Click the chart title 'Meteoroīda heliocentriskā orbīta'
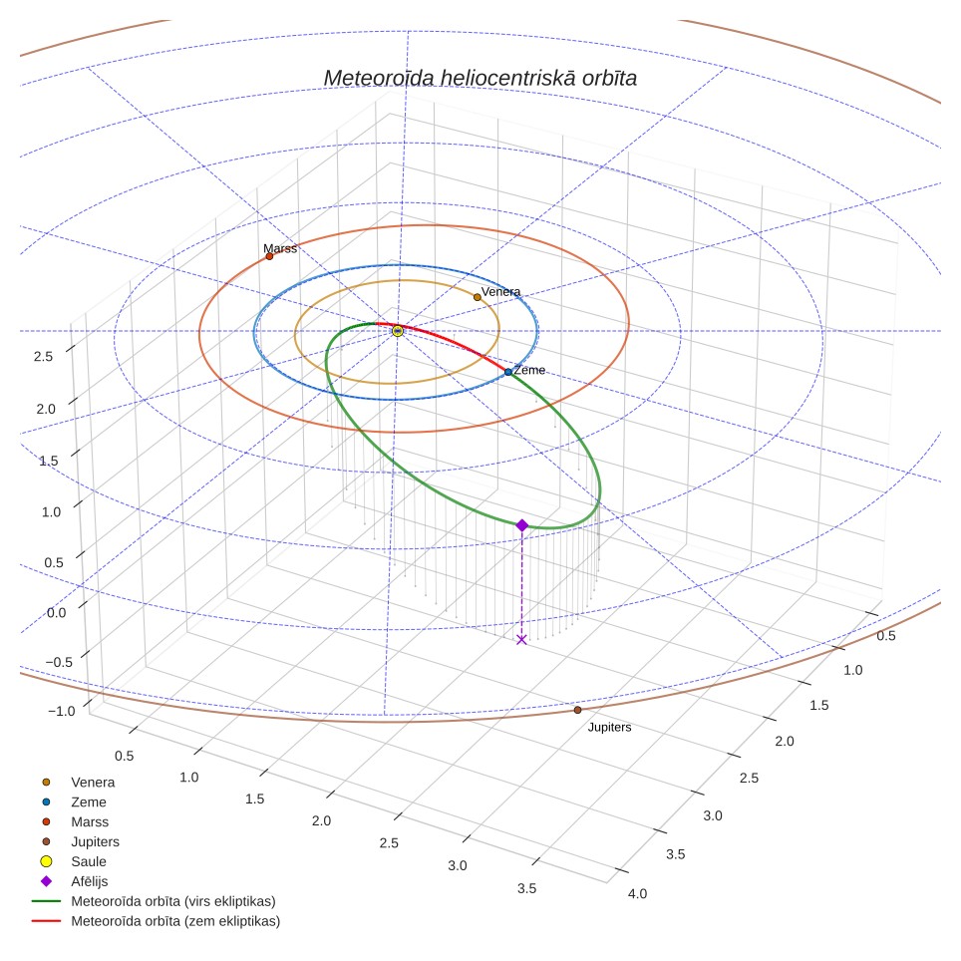480,79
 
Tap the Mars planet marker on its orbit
269,256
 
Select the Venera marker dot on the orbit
477,297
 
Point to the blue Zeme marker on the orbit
508,372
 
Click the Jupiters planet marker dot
577,710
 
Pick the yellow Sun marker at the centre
398,331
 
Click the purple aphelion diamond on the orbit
522,525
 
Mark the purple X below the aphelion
521,640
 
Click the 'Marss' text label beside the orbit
280,248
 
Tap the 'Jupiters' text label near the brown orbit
609,728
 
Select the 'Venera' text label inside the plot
500,292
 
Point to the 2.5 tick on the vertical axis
43,357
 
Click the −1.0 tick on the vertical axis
61,711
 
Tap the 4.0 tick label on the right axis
637,893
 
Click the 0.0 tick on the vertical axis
57,613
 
